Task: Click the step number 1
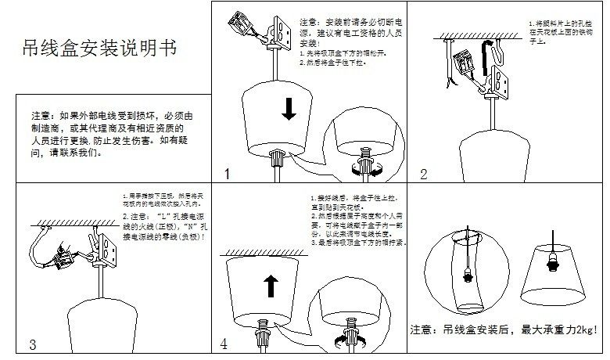coord(227,175)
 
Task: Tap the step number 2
coord(424,175)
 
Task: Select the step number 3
coord(32,344)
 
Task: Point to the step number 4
coord(224,344)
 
